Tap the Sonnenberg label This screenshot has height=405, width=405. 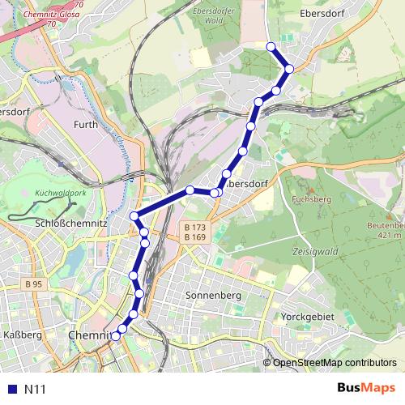(213, 296)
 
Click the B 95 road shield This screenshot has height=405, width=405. (33, 284)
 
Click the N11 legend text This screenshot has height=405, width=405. (34, 390)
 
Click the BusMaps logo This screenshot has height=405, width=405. (367, 388)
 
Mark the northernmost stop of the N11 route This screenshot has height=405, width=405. (271, 46)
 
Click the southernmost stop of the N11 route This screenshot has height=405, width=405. (115, 336)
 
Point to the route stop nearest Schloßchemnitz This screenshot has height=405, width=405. (134, 215)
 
